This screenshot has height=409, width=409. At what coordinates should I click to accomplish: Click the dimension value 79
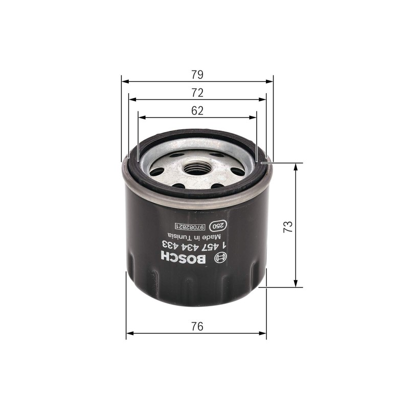197,75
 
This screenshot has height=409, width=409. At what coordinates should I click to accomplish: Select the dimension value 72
197,93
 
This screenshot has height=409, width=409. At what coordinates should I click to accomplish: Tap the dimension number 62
197,110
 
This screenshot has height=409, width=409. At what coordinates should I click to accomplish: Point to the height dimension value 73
287,225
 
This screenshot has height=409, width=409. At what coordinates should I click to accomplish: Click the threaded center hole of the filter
197,166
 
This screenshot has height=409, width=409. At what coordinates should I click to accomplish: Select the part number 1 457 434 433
195,245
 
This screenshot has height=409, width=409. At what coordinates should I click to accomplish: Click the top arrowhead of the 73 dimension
296,167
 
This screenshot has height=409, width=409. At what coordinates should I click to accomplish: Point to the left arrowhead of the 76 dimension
129,333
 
